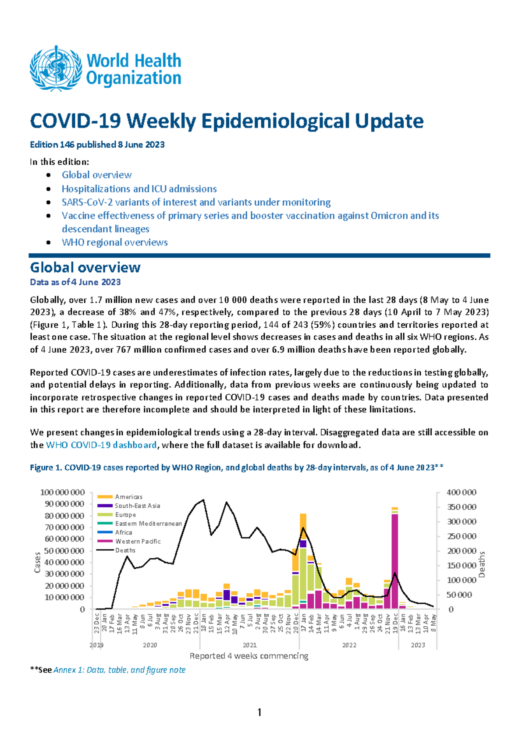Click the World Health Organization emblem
tap(56, 68)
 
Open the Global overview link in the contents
tap(96, 175)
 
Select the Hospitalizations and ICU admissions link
tap(139, 189)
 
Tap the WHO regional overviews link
tap(114, 242)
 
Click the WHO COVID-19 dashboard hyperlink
tap(101, 445)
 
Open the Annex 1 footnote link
tap(119, 670)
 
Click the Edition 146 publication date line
tap(97, 145)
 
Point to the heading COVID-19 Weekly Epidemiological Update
tap(227, 121)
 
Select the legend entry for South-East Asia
tap(137, 506)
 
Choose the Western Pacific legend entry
tap(138, 542)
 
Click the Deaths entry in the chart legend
tap(125, 550)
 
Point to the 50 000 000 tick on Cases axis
tap(62, 551)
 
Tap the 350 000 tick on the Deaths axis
tap(461, 507)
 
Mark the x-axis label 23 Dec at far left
tap(96, 624)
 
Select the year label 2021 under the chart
tap(250, 645)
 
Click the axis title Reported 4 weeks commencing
tap(249, 656)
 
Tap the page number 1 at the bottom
tap(259, 712)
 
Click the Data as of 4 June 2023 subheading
tap(75, 282)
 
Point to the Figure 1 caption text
tap(236, 468)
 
